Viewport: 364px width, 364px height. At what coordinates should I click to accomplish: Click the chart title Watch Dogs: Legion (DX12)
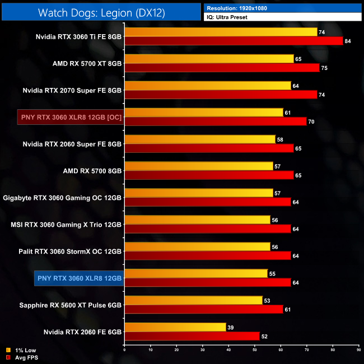tap(101, 12)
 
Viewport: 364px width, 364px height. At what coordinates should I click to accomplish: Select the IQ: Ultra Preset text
tap(226, 17)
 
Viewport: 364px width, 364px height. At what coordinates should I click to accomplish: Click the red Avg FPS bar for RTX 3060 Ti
tap(234, 41)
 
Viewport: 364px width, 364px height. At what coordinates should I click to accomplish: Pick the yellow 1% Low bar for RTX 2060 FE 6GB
tap(175, 327)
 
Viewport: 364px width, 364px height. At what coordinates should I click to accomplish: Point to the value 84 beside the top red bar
tap(348, 41)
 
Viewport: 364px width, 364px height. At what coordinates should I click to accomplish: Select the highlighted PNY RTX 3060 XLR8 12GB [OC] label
tap(71, 117)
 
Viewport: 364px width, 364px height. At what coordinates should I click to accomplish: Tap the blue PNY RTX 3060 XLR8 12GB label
tap(78, 278)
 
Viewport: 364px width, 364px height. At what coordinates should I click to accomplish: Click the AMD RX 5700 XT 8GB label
tap(87, 63)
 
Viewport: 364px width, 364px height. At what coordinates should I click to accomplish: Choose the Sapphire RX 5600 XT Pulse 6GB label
tap(70, 305)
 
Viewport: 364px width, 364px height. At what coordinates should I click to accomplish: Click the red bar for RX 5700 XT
tap(222, 68)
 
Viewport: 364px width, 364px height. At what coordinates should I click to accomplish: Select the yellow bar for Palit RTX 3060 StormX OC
tap(197, 246)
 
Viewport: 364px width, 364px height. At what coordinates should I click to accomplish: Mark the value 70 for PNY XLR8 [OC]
tap(311, 122)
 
